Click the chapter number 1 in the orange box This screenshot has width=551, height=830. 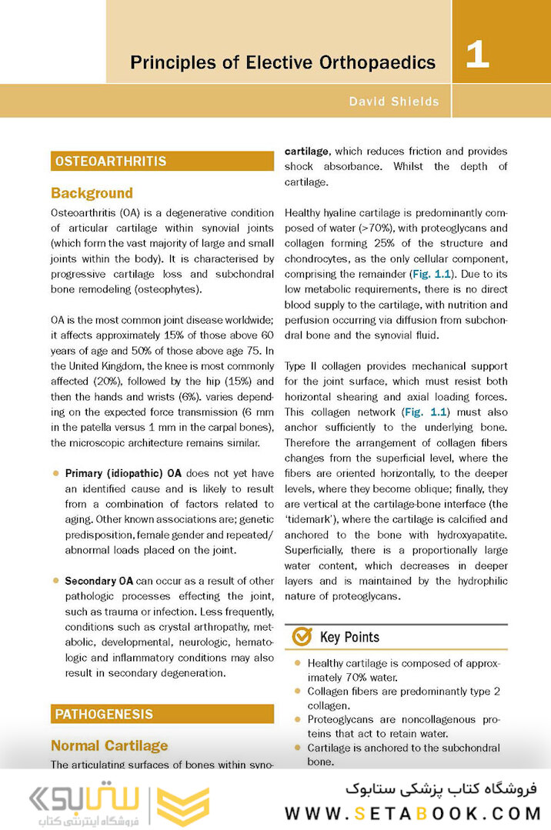tap(477, 56)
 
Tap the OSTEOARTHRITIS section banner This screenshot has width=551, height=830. tap(162, 162)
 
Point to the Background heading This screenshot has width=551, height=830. tap(92, 193)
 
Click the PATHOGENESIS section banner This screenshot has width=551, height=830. tap(162, 715)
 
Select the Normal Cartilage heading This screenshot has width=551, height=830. tap(109, 745)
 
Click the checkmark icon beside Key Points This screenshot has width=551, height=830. tap(302, 636)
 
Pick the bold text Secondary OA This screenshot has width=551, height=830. tap(100, 580)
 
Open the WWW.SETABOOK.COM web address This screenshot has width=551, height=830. tap(414, 813)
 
